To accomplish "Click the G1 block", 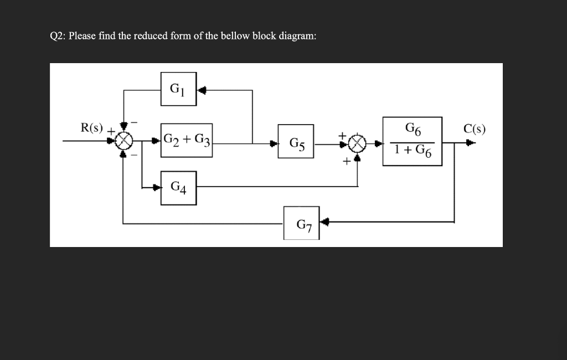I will [x=178, y=89].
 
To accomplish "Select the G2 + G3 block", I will [x=187, y=140].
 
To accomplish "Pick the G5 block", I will [x=296, y=144].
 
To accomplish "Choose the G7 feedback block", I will [x=302, y=223].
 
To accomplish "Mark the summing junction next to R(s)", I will [x=124, y=141].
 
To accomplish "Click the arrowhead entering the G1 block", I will [x=202, y=90].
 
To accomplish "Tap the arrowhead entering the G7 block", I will [x=325, y=223].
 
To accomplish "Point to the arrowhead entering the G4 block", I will [x=157, y=187].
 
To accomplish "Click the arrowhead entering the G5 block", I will [x=274, y=144].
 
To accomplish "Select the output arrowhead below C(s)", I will [x=470, y=143].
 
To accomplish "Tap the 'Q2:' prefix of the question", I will [x=58, y=36].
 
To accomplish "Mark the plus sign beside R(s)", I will [x=110, y=131].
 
